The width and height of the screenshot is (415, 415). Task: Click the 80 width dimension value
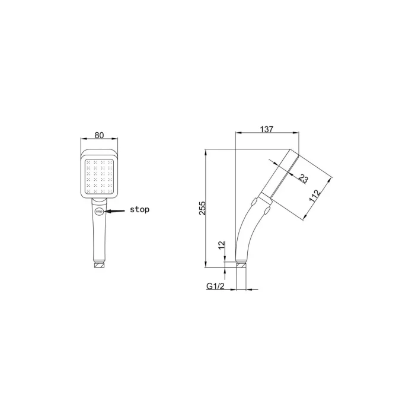pyautogui.click(x=99, y=135)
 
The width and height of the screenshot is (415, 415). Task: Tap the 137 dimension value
pyautogui.click(x=267, y=129)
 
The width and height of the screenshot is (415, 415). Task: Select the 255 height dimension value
pyautogui.click(x=202, y=208)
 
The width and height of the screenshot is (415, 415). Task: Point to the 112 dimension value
pyautogui.click(x=315, y=196)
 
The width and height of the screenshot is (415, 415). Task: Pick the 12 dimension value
pyautogui.click(x=222, y=245)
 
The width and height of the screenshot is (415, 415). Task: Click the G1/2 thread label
pyautogui.click(x=215, y=286)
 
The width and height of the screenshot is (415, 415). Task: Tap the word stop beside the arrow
pyautogui.click(x=139, y=209)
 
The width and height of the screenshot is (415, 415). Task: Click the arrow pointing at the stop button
pyautogui.click(x=114, y=211)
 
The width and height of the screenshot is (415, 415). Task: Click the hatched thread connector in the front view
pyautogui.click(x=100, y=265)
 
